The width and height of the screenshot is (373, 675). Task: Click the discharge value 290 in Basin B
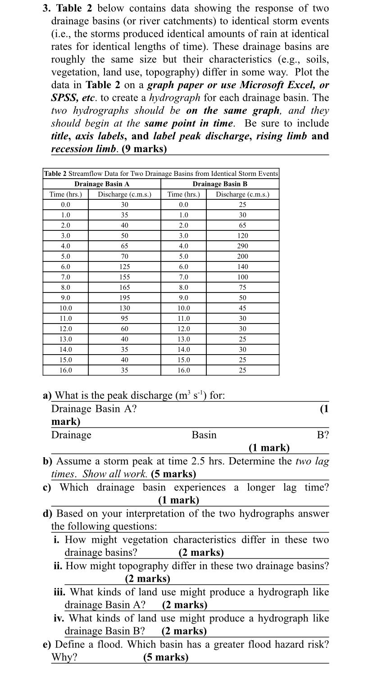242,246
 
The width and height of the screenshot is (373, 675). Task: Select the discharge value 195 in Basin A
124,298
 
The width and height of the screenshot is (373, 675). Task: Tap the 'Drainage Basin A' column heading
102,184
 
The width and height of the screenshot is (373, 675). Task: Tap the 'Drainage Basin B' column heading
220,184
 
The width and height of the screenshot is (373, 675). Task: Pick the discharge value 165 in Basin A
124,288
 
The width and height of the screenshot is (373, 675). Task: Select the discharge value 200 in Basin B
242,256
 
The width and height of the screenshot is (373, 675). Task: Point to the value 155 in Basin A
124,277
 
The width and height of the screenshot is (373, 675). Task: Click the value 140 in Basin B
242,267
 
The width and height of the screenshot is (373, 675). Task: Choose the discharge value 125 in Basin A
124,267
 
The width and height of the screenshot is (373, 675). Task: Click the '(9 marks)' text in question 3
144,149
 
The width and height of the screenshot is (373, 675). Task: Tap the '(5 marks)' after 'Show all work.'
173,474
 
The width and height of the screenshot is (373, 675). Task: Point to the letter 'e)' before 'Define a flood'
47,644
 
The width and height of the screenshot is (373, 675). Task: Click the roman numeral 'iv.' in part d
59,618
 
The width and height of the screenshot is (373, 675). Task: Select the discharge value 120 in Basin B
242,236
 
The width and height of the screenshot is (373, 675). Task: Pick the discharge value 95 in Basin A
124,319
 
